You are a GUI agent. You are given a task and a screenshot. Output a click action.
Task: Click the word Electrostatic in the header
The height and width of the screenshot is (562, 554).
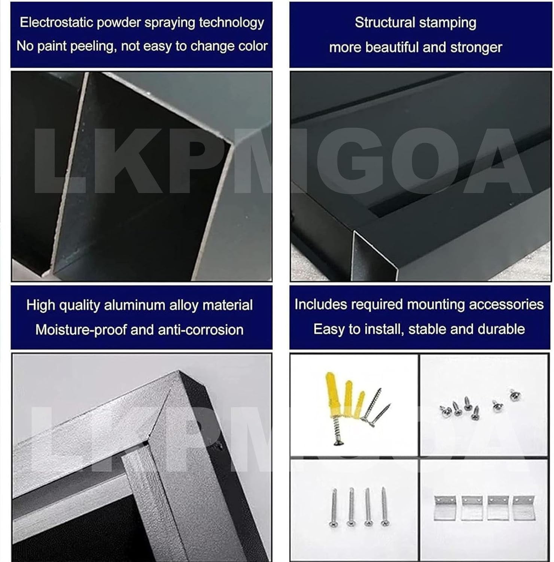click(57, 22)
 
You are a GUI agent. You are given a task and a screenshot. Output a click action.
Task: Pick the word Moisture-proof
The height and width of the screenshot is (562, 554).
click(81, 330)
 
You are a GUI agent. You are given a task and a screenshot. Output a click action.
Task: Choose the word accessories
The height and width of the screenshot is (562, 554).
click(506, 304)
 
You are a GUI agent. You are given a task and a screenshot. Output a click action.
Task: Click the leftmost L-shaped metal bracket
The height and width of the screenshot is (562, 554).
click(445, 508)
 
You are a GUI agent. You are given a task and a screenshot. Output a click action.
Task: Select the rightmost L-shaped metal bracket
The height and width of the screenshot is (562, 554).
click(524, 508)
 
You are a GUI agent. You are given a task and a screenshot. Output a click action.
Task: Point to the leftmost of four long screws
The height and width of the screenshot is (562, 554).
click(334, 507)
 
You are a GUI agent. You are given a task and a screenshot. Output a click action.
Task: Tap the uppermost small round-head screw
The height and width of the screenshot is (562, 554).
click(515, 394)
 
